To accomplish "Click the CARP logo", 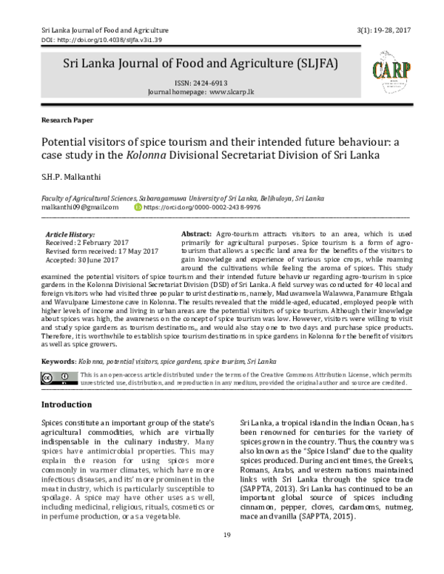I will coord(384,72).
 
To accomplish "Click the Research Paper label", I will coord(62,119).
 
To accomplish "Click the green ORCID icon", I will coord(137,209).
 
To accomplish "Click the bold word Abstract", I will coord(196,234).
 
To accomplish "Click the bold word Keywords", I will coord(56,360).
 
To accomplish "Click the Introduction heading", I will coord(66,405).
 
